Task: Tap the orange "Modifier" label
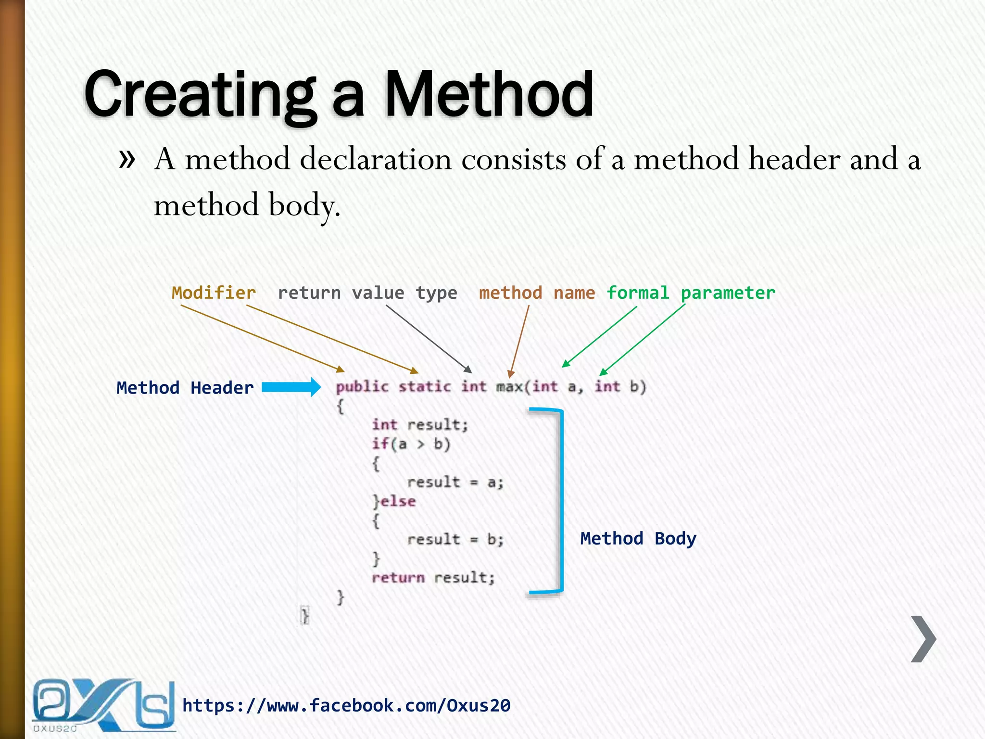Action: click(x=214, y=293)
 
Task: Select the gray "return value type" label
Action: click(x=367, y=293)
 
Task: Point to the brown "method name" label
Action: click(x=537, y=293)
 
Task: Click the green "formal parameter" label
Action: click(x=691, y=293)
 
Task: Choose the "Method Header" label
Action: click(x=185, y=388)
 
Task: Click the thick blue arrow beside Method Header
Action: click(x=291, y=387)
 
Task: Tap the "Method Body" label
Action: click(x=638, y=538)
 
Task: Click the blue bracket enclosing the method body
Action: click(x=560, y=500)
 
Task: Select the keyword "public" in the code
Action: click(x=362, y=387)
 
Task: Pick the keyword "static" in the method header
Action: click(x=425, y=387)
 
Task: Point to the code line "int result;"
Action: click(x=420, y=425)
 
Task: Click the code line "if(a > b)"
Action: click(x=411, y=444)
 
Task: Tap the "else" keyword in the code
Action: click(x=398, y=501)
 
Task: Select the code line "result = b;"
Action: click(x=455, y=539)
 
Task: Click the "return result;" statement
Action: click(x=433, y=577)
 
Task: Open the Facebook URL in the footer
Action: click(x=346, y=705)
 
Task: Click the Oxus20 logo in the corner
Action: click(x=103, y=704)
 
